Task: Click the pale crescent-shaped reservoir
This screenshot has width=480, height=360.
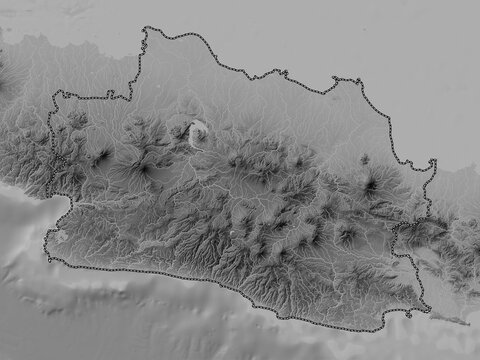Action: click(x=199, y=130)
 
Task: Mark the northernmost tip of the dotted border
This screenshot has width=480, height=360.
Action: click(x=148, y=29)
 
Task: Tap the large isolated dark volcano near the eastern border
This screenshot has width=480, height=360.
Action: click(x=371, y=183)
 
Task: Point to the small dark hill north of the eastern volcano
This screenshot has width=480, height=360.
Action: click(x=364, y=159)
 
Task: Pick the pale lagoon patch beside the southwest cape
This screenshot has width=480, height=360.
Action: click(x=60, y=237)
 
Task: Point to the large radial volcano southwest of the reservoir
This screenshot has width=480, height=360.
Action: click(x=143, y=168)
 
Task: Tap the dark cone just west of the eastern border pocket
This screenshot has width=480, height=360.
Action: click(x=347, y=236)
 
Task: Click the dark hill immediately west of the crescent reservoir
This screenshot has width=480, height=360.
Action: click(x=181, y=131)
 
